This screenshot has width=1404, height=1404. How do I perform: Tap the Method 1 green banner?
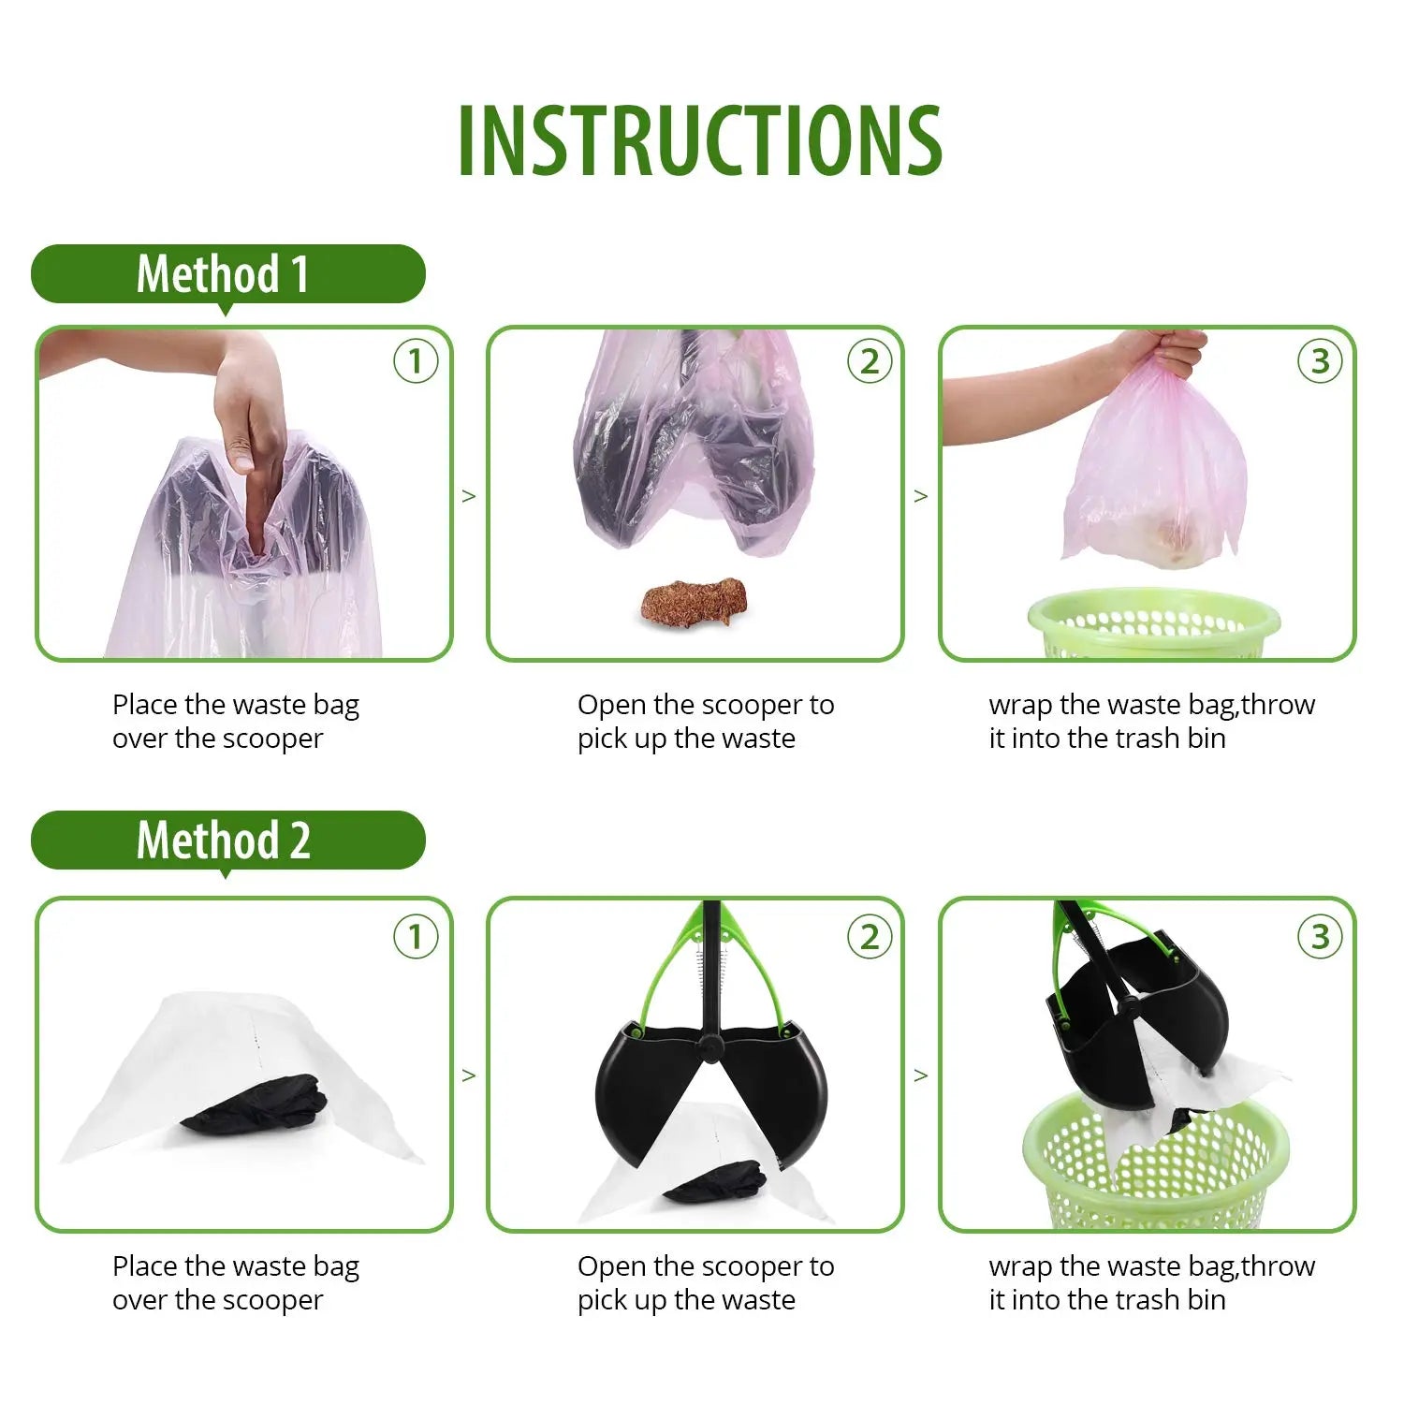[x=227, y=274]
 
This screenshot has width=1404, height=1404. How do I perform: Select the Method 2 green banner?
[x=227, y=840]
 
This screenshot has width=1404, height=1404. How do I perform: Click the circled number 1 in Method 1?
[x=416, y=361]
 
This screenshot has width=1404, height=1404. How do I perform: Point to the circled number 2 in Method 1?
[x=870, y=361]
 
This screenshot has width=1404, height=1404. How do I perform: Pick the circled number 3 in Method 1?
[x=1320, y=361]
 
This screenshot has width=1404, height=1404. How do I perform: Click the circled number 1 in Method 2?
[x=416, y=936]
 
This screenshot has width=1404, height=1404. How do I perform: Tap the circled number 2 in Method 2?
[x=870, y=936]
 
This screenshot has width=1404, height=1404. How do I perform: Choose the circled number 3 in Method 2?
[x=1320, y=936]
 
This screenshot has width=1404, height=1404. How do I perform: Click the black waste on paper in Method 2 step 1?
[x=255, y=1105]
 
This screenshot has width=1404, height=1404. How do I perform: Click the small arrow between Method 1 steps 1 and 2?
[x=469, y=496]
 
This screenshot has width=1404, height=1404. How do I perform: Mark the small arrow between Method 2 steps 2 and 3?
[x=921, y=1075]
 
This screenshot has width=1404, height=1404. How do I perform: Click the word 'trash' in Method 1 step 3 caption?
[x=1148, y=739]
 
